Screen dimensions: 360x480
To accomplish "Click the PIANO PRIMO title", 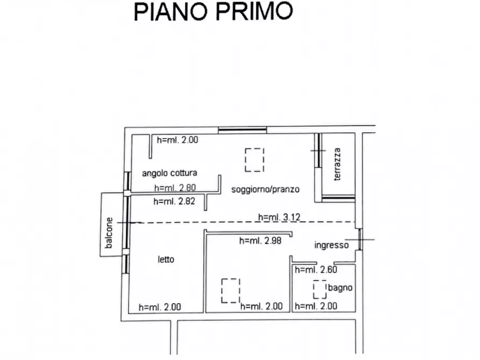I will tap(213, 12).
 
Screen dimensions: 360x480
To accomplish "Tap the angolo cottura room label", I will tap(169, 173).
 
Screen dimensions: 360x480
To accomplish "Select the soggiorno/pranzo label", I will tap(265, 189).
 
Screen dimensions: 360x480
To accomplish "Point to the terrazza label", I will tap(337, 164).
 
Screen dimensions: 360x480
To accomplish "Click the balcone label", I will tap(110, 232).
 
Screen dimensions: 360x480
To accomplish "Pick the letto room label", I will tap(166, 259).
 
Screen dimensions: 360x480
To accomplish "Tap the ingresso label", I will tap(331, 245).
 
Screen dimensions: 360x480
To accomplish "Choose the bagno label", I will tap(341, 287).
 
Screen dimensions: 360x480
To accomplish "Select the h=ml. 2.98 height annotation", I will tap(260, 241).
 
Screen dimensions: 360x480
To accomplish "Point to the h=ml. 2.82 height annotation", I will tap(175, 201).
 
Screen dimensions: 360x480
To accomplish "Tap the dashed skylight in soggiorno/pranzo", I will tap(255, 160).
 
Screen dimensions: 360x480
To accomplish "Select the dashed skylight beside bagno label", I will tap(320, 290).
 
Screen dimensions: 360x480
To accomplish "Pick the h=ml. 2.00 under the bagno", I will tap(316, 306).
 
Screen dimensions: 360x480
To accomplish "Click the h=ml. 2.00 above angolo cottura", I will tap(178, 140).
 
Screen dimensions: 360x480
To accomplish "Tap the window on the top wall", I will tap(242, 129).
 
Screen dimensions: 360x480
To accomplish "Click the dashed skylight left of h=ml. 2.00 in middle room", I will tap(231, 290).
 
